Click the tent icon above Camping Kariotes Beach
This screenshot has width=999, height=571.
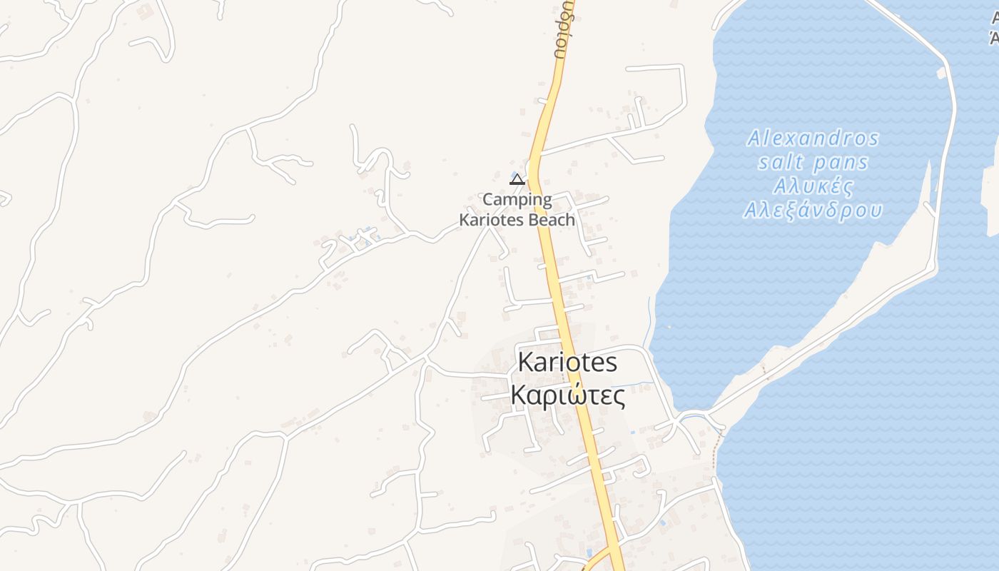coord(517,179)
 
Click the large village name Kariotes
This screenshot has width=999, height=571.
coord(567,363)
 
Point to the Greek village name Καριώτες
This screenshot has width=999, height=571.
coord(567,395)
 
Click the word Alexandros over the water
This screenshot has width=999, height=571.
coord(813,138)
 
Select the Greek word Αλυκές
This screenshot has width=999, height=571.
coord(813,187)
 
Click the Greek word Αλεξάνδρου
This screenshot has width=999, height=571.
coord(813,211)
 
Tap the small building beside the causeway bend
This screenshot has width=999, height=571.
coord(942,73)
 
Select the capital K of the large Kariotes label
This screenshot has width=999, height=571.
coord(525,363)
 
